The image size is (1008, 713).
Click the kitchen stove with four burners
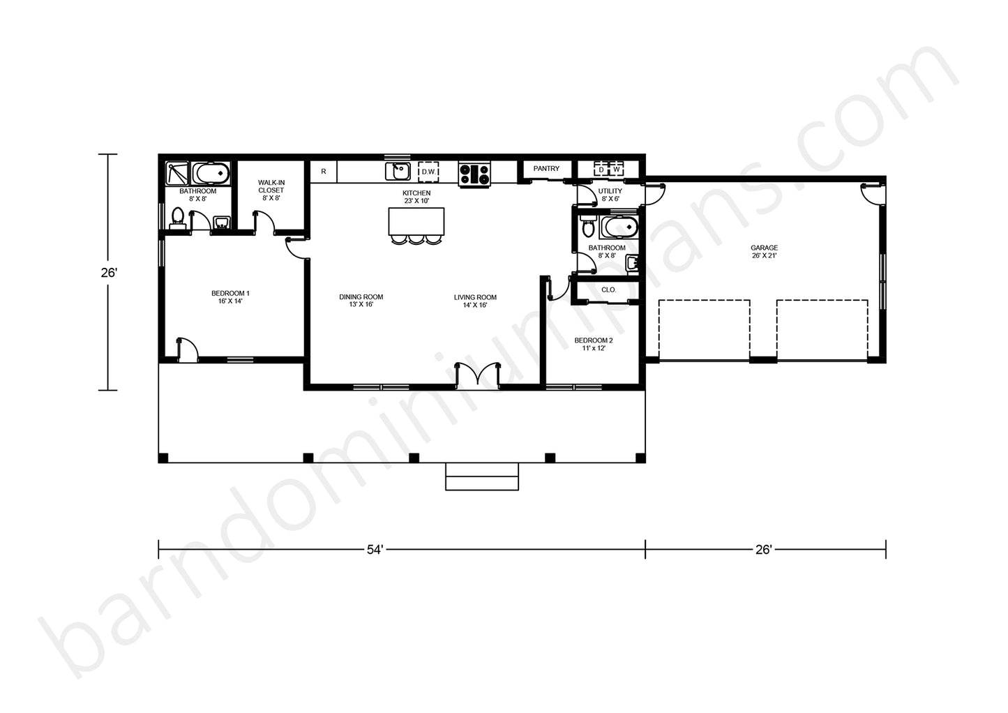click(474, 174)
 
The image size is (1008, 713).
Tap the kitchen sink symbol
click(398, 171)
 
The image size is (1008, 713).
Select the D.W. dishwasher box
click(428, 172)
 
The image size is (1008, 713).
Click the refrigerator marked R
click(324, 172)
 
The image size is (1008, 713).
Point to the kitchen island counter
click(416, 221)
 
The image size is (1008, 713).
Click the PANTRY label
click(546, 168)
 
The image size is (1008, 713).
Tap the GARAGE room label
click(764, 248)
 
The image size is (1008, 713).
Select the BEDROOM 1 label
click(230, 293)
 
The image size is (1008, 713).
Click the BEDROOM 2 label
click(594, 340)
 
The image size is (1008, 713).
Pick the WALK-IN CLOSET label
click(271, 186)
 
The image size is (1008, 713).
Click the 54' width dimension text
click(375, 550)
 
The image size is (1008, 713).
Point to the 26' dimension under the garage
click(764, 550)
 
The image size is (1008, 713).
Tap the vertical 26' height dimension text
click(109, 273)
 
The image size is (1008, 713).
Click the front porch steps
click(482, 476)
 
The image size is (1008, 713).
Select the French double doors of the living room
click(477, 375)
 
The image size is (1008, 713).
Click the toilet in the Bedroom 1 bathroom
click(177, 217)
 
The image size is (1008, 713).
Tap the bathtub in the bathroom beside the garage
click(619, 227)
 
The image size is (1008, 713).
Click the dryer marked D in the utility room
click(601, 170)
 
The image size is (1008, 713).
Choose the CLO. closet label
click(608, 290)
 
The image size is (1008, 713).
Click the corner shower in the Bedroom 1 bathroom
click(177, 173)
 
